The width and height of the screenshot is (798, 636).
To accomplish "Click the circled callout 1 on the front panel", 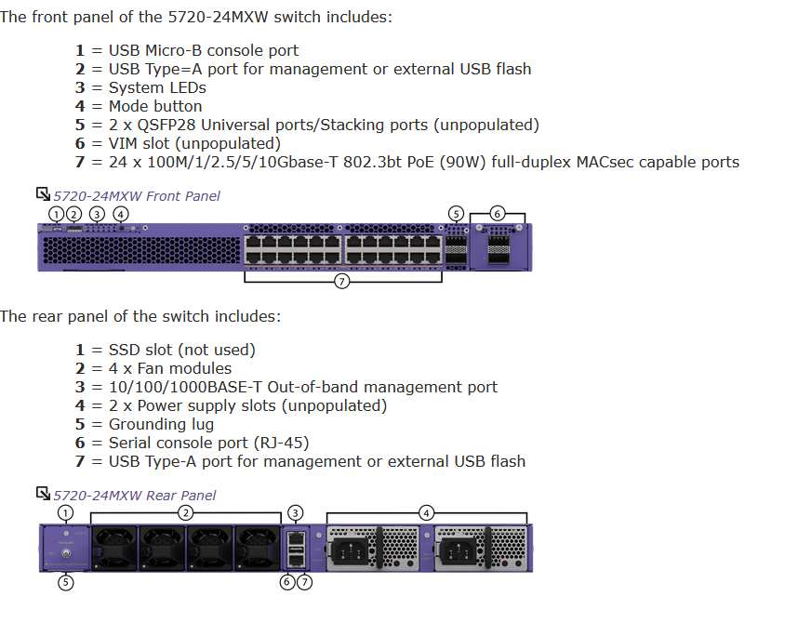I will coord(57,214).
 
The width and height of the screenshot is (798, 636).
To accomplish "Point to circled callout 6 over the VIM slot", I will coord(498,214).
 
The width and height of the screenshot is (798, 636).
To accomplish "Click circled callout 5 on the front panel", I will coord(456,214).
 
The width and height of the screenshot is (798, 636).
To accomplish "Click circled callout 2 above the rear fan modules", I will coord(186,512).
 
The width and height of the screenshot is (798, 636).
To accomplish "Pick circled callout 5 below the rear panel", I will coord(66,582).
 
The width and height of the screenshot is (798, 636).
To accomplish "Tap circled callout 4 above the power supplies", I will coord(426,512).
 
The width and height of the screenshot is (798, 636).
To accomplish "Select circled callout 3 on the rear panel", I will coord(296,512).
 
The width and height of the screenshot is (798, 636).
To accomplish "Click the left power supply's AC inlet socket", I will coord(360,551).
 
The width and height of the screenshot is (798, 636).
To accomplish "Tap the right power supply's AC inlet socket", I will coord(462,551).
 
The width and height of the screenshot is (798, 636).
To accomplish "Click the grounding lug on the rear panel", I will coord(66,557).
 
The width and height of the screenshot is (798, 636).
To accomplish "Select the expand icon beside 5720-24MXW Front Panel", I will coord(43,194).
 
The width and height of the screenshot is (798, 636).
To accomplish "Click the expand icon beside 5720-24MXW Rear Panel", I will coord(43,494).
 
